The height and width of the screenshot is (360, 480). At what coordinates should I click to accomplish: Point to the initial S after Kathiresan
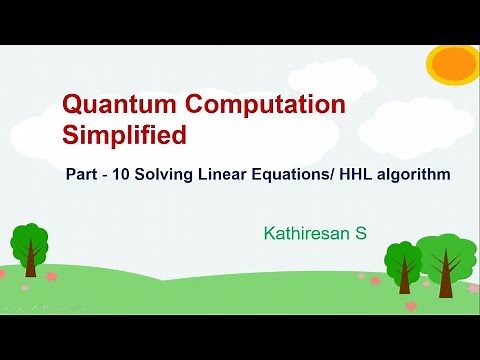click(x=361, y=234)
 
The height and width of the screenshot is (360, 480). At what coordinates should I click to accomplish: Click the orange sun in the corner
click(x=453, y=63)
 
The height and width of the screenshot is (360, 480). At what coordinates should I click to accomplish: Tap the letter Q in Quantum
click(x=73, y=103)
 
